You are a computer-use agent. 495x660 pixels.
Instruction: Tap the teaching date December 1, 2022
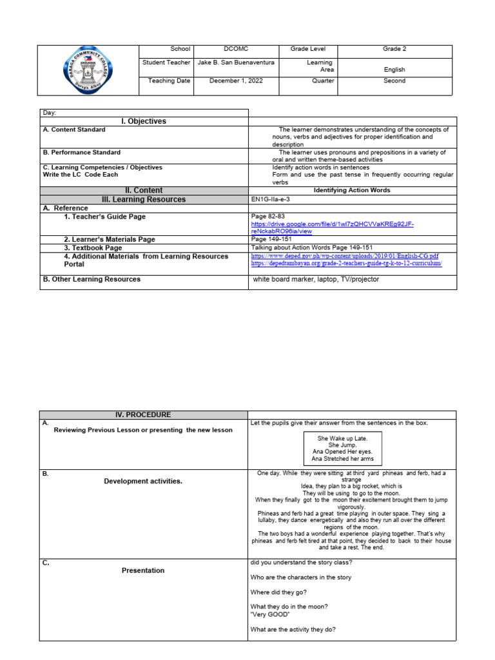[236, 81]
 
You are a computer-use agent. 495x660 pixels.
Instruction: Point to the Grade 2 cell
[394, 50]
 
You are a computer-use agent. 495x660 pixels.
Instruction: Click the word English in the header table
[394, 70]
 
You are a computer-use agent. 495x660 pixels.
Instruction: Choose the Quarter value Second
[394, 81]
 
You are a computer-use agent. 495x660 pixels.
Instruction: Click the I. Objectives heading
[144, 121]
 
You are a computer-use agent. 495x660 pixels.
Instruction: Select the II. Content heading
[144, 190]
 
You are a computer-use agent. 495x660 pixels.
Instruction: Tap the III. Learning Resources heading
[144, 200]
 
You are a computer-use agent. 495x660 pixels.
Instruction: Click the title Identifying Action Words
[352, 191]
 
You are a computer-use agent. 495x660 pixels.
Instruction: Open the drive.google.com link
[331, 227]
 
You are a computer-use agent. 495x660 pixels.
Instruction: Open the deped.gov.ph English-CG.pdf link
[344, 256]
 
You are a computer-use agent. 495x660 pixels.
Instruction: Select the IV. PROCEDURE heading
[144, 415]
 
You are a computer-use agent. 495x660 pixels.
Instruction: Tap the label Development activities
[143, 481]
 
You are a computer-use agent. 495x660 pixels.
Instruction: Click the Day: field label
[50, 113]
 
